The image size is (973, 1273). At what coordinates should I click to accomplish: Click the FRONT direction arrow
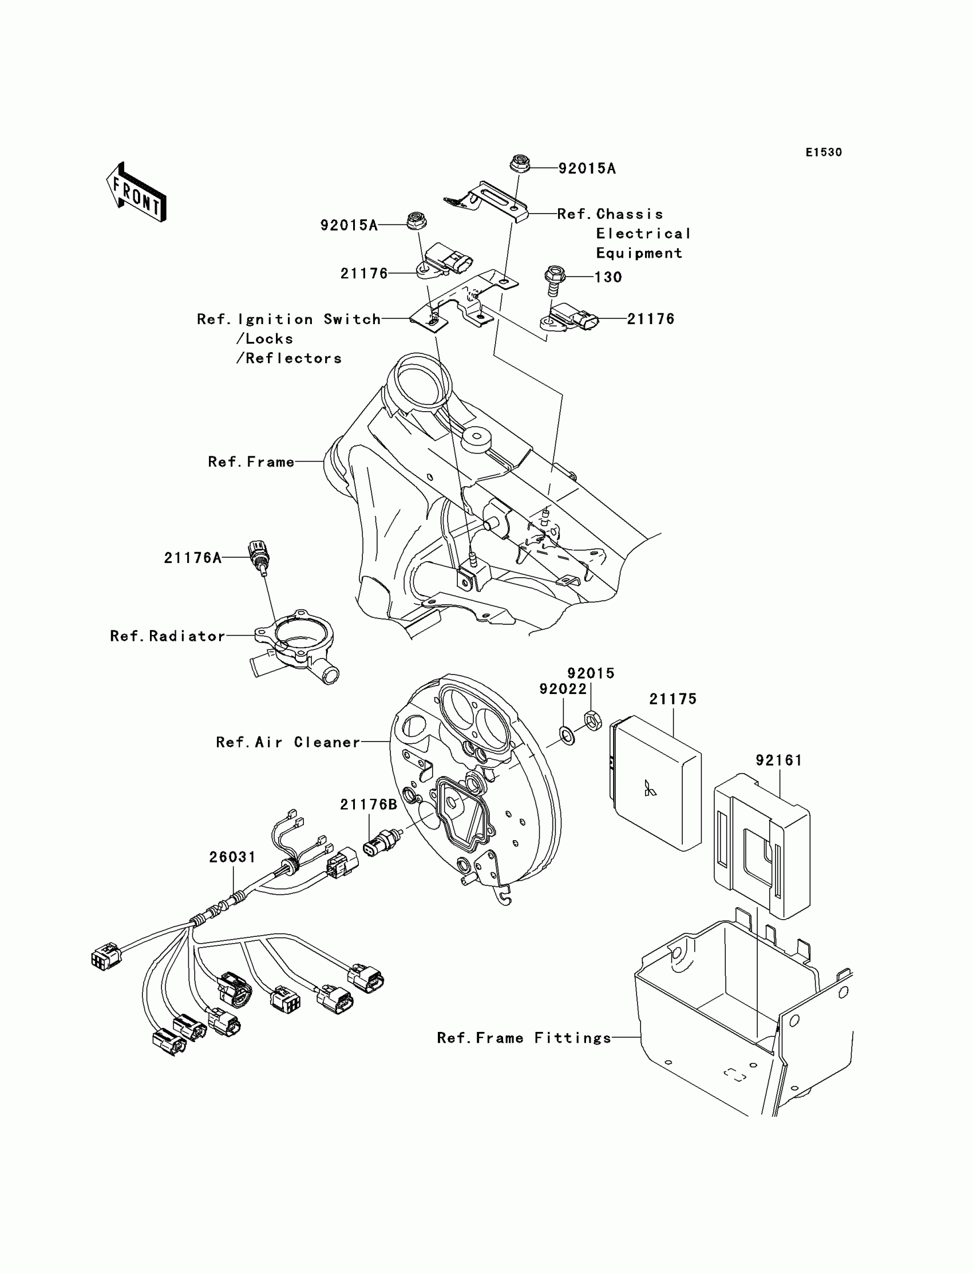pyautogui.click(x=136, y=192)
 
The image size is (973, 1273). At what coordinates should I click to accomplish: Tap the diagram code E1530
pyautogui.click(x=824, y=152)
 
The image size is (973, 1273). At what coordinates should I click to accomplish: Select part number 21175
pyautogui.click(x=673, y=699)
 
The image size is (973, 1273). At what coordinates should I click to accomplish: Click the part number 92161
pyautogui.click(x=779, y=760)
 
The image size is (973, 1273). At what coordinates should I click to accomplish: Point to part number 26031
pyautogui.click(x=232, y=857)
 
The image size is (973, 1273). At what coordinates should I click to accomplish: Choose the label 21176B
pyautogui.click(x=369, y=804)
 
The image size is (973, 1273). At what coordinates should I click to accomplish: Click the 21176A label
pyautogui.click(x=192, y=557)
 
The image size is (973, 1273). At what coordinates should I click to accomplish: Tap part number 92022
pyautogui.click(x=563, y=689)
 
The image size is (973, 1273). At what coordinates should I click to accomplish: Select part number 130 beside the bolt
pyautogui.click(x=608, y=277)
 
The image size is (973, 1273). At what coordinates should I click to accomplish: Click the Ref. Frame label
pyautogui.click(x=251, y=462)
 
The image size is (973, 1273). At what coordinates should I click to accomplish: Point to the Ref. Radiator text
pyautogui.click(x=167, y=636)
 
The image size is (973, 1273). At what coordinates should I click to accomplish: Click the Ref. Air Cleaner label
pyautogui.click(x=288, y=742)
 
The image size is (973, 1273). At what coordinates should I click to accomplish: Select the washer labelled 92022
pyautogui.click(x=568, y=736)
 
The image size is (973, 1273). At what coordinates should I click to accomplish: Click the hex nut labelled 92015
pyautogui.click(x=593, y=721)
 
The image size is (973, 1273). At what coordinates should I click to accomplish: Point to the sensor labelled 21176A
pyautogui.click(x=259, y=557)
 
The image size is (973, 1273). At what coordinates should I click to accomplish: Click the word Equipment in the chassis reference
pyautogui.click(x=639, y=253)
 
